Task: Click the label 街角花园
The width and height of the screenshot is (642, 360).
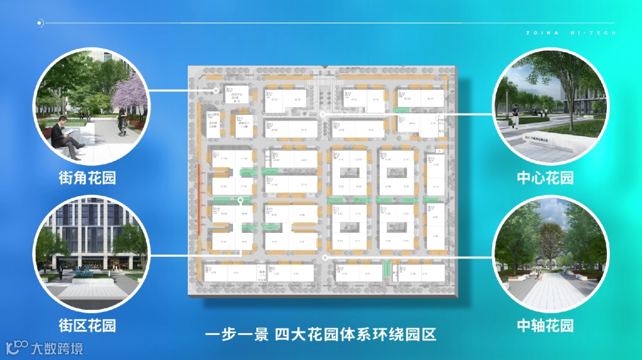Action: [x=87, y=178]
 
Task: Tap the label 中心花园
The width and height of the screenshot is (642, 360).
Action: [x=545, y=178]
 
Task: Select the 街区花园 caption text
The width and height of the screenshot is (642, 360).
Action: [x=87, y=325]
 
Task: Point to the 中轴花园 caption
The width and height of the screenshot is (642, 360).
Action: [x=545, y=325]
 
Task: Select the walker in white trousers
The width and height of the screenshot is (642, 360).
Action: [x=515, y=116]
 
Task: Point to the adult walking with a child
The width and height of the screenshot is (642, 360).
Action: [x=538, y=273]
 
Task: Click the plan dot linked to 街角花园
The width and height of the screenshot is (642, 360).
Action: [x=216, y=91]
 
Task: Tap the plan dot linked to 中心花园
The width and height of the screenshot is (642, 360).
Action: [x=322, y=113]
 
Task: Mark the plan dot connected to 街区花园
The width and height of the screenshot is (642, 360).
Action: [x=240, y=200]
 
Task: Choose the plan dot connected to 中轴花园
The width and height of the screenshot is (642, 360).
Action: [x=325, y=258]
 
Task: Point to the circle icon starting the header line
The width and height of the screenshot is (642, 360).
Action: [x=40, y=23]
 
